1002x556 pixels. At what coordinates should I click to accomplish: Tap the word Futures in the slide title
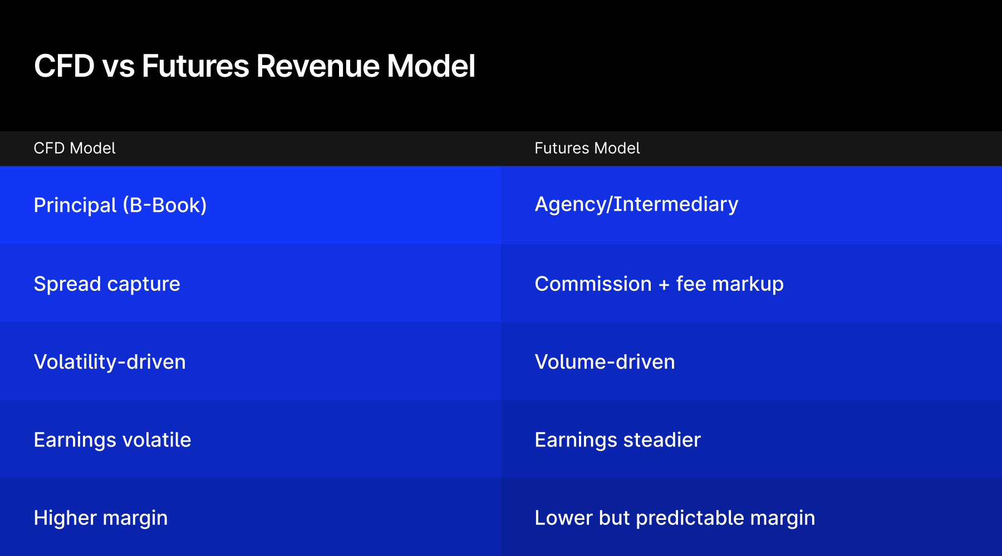tap(195, 66)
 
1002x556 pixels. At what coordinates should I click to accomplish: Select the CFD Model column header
tap(75, 148)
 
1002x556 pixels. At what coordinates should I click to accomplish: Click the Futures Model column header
tap(587, 148)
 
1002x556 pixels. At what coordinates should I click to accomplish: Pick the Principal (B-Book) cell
tap(120, 205)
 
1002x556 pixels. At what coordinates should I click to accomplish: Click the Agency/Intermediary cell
tap(636, 205)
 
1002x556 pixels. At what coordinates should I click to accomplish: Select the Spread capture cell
tap(107, 284)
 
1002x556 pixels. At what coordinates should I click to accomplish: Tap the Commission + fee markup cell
tap(659, 284)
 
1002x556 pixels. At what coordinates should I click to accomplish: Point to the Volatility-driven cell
tap(110, 362)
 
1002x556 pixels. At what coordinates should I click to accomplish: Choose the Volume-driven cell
tap(605, 362)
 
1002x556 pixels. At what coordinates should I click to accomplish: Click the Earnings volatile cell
tap(112, 440)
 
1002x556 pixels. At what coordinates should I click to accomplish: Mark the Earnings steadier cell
tap(617, 440)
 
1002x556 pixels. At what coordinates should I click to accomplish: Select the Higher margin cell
tap(101, 518)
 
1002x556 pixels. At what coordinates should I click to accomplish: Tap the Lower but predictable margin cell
tap(675, 518)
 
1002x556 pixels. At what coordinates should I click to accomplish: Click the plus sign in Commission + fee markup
tap(664, 285)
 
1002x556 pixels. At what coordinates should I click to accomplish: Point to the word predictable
tap(690, 518)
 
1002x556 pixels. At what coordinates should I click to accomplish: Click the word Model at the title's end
tap(431, 66)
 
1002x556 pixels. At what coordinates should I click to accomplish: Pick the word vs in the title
tap(118, 66)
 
